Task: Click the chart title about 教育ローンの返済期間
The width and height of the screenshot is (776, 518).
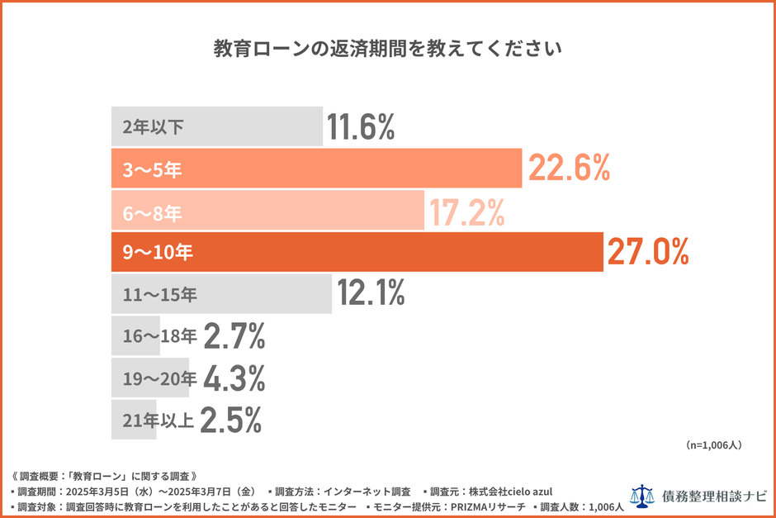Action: click(x=388, y=47)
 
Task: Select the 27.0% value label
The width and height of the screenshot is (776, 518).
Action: click(x=648, y=252)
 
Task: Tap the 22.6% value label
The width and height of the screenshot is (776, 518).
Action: click(x=569, y=169)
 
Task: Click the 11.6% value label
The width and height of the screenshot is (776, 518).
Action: click(x=361, y=127)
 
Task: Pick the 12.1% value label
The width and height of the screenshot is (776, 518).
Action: click(x=371, y=293)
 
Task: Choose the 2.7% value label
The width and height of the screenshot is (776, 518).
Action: click(x=234, y=336)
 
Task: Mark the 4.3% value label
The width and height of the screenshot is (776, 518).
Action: click(x=234, y=378)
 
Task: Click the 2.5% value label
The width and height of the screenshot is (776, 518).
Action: click(x=231, y=420)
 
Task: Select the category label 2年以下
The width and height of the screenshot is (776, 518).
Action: click(x=153, y=127)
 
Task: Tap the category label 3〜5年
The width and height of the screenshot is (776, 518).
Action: click(x=152, y=169)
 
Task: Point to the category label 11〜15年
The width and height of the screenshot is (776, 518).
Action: click(x=160, y=294)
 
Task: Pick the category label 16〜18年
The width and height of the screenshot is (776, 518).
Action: click(x=159, y=336)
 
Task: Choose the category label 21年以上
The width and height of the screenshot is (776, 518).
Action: click(x=158, y=420)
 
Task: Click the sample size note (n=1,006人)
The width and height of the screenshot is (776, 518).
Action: click(x=714, y=445)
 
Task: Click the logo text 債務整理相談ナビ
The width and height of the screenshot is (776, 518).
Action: click(x=714, y=497)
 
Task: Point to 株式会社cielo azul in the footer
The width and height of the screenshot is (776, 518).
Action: click(x=511, y=491)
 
